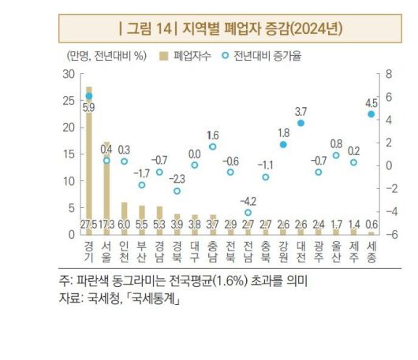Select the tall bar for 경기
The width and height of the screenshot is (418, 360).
pyautogui.click(x=88, y=158)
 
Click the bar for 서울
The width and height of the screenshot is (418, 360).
pyautogui.click(x=106, y=185)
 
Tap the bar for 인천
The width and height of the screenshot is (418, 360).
pyautogui.click(x=124, y=217)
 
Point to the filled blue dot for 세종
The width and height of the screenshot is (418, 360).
pyautogui.click(x=371, y=114)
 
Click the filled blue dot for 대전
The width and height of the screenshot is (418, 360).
pyautogui.click(x=300, y=124)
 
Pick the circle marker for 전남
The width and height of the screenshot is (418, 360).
pyautogui.click(x=248, y=213)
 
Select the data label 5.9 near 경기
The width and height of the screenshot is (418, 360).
pyautogui.click(x=88, y=106)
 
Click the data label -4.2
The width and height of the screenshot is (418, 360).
pyautogui.click(x=248, y=201)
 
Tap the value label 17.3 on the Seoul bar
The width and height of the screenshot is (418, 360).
pyautogui.click(x=106, y=225)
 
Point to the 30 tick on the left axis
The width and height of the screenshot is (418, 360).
pyautogui.click(x=69, y=73)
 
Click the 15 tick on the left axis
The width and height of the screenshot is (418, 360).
pyautogui.click(x=69, y=154)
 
